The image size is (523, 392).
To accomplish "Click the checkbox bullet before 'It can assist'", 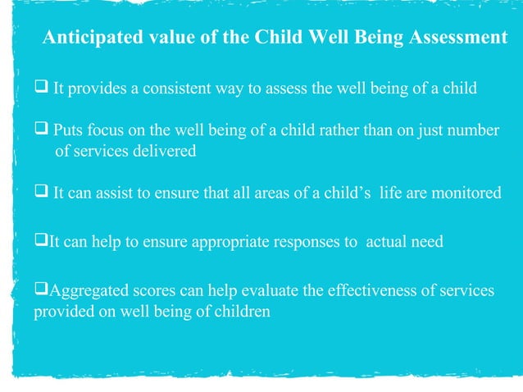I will tap(41, 193).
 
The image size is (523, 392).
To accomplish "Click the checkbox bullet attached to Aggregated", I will tap(40, 291).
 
